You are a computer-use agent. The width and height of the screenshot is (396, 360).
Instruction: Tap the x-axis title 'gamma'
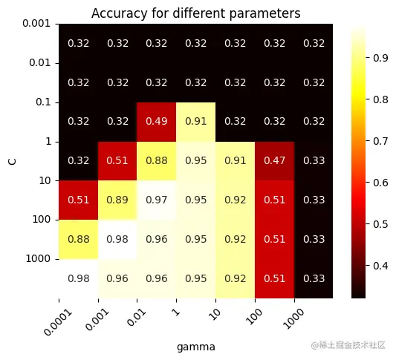[196, 346]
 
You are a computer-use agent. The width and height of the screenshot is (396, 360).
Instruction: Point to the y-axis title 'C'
[11, 160]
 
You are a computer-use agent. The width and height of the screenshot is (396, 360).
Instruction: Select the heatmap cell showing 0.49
[157, 121]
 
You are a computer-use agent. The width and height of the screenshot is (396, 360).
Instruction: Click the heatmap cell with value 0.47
[274, 160]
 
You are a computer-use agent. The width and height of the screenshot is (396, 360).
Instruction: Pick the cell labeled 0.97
[157, 200]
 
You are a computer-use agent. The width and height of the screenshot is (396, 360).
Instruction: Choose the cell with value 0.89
[117, 200]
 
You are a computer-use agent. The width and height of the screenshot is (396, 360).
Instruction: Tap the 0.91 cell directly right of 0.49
[196, 121]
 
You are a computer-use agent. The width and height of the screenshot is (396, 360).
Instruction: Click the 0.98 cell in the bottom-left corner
[78, 278]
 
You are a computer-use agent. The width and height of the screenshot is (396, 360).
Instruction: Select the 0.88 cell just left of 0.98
[78, 239]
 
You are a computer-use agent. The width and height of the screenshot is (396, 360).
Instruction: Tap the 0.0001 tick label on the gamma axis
[45, 318]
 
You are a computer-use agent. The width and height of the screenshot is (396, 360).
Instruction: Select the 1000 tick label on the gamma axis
[285, 313]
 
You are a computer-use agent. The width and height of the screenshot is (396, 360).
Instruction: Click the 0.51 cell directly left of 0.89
[78, 200]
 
